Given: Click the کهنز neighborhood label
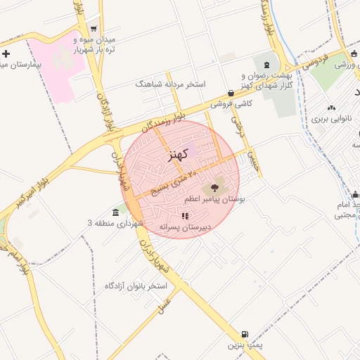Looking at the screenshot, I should click(x=179, y=155).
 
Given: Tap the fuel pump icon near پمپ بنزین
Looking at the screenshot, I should click(x=244, y=334).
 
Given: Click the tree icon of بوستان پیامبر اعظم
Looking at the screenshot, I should click(x=212, y=188).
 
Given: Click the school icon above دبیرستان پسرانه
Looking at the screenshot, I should click(x=186, y=216).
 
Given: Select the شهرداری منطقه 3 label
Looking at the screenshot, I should click(x=116, y=223).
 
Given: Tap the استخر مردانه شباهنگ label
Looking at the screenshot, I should click(x=171, y=84).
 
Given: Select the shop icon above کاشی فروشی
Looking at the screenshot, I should click(x=231, y=93).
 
